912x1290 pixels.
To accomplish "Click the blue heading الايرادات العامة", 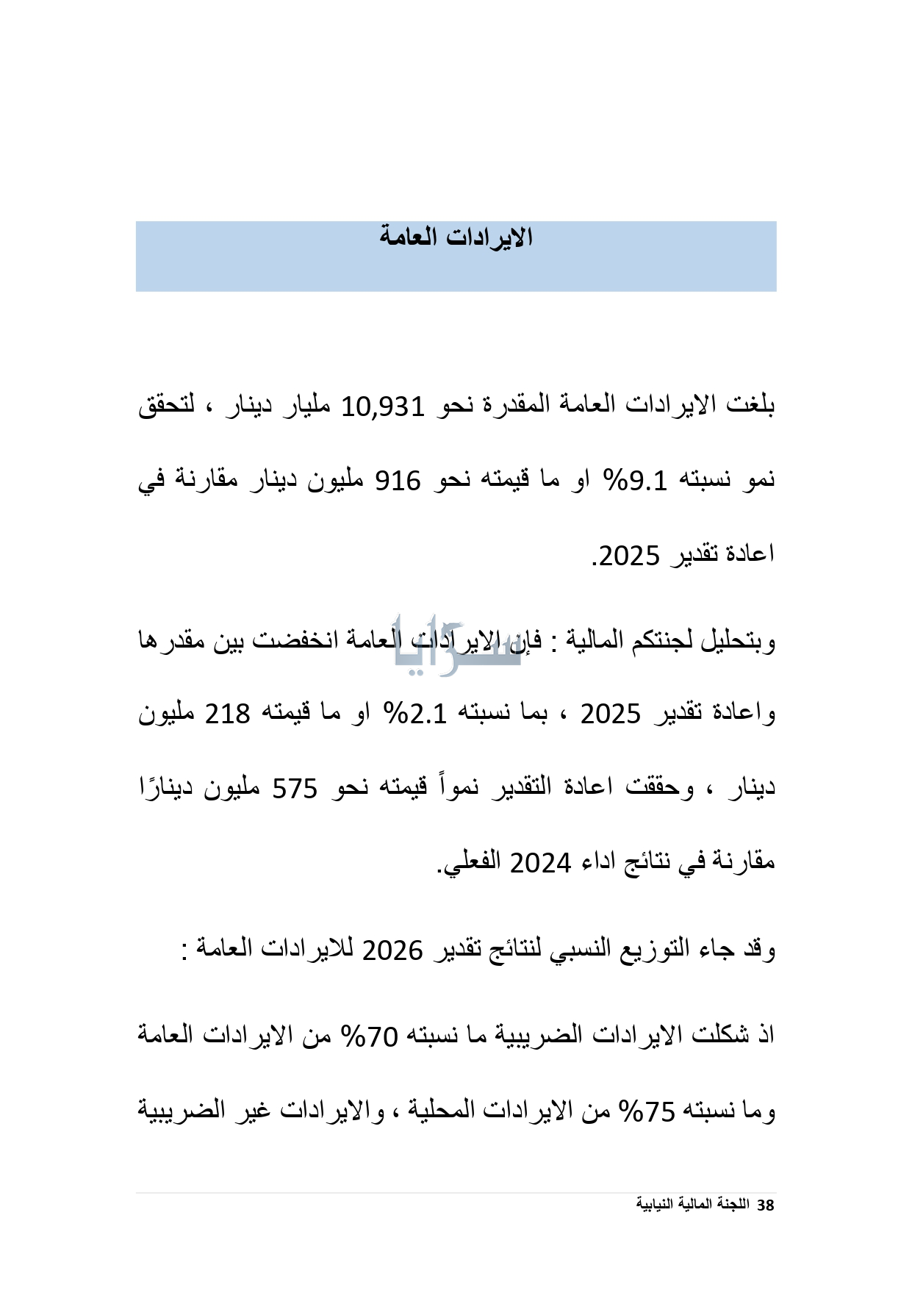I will coord(456,237).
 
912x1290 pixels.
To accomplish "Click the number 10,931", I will coord(383,406).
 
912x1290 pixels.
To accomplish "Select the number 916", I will coord(398,481).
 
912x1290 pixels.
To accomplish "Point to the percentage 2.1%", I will coord(417,714).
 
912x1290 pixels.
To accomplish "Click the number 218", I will coord(228,714).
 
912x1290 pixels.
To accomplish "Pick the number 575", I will coord(295,788).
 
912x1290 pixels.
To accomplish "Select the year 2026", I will coord(392,950).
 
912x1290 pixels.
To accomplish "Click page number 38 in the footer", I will coord(766,1205).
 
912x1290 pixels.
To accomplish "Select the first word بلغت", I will coord(751,404).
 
